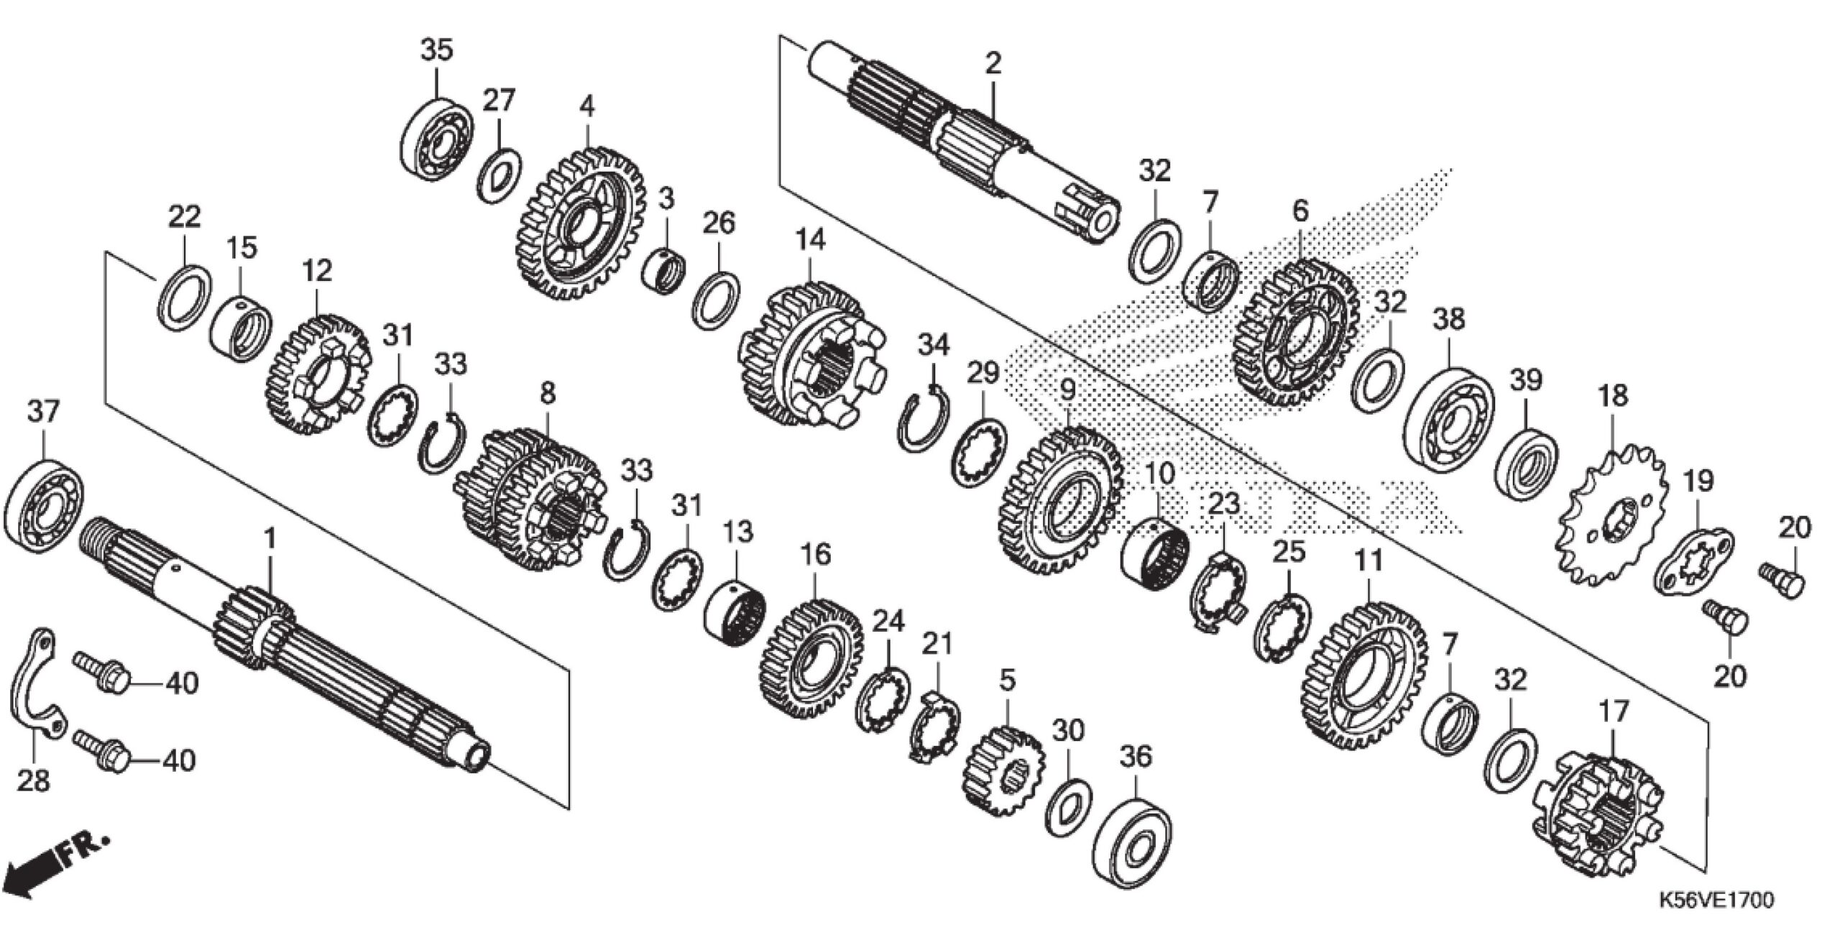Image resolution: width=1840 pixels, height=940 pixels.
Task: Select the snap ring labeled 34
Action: [x=925, y=420]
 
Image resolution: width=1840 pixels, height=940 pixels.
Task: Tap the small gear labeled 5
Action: [x=1002, y=773]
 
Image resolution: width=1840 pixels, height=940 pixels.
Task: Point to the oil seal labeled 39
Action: [x=1527, y=466]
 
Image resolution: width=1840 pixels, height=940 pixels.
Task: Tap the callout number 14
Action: [x=810, y=240]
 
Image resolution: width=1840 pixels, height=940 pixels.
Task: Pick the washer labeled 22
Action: [x=184, y=298]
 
